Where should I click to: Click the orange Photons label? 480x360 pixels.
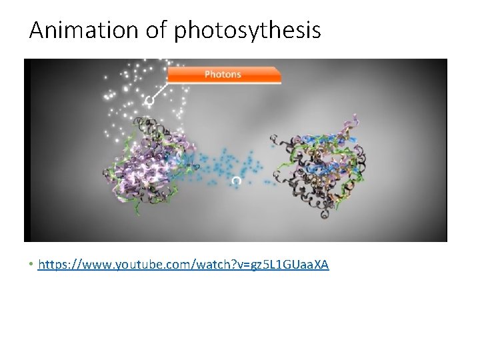(x=223, y=74)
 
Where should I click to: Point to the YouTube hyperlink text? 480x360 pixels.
(x=183, y=265)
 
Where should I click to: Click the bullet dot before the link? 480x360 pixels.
(x=31, y=265)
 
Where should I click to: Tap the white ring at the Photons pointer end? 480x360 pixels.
(x=149, y=100)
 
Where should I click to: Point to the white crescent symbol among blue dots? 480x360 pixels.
(x=236, y=181)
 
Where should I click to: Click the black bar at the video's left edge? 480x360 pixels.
(x=27, y=150)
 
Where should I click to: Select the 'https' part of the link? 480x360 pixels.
(x=53, y=265)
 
